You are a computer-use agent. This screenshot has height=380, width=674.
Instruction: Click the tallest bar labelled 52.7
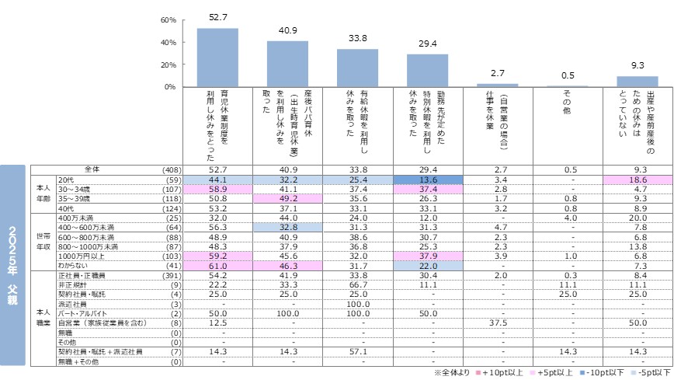(x=217, y=58)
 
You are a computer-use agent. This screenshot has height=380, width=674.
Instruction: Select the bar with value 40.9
(x=287, y=64)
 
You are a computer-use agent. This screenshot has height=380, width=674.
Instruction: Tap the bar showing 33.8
(x=357, y=68)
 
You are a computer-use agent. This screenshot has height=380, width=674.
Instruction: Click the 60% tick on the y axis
(x=168, y=19)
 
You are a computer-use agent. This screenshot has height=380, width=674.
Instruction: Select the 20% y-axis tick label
(x=168, y=64)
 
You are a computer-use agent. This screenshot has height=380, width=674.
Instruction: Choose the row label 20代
(x=67, y=179)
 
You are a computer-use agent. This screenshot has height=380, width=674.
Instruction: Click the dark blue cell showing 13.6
(x=427, y=179)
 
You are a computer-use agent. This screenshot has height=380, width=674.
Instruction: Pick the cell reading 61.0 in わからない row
(x=217, y=267)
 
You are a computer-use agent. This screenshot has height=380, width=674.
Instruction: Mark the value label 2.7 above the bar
(x=497, y=74)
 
